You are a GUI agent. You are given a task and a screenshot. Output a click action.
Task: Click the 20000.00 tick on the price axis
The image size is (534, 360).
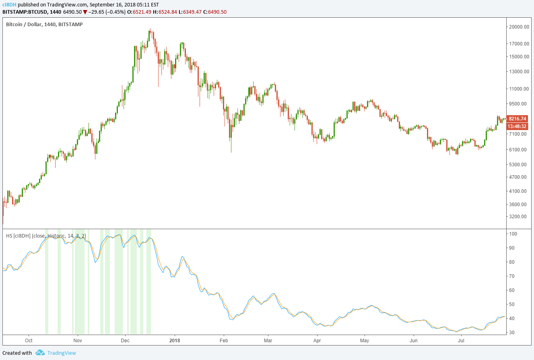pos(518,27)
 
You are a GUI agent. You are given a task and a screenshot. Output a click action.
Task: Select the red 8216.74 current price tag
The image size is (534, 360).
pos(518,119)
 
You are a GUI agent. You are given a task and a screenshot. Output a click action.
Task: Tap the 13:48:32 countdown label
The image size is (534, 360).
pos(518,126)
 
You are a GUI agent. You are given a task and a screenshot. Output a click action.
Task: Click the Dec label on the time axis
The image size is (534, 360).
pos(125,340)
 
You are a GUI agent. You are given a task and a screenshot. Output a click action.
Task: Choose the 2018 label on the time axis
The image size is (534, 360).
pos(175,340)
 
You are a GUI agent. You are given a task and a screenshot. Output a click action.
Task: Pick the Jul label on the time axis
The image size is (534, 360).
pos(461,340)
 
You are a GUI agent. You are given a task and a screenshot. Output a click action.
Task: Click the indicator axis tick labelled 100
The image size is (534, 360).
pos(513,234)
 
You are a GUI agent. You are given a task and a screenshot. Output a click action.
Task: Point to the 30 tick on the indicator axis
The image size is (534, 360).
pos(512,333)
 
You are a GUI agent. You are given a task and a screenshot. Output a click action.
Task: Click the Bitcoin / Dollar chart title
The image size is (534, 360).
pos(44,25)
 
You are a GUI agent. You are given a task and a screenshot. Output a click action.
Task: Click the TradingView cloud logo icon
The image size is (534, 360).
pos(40,353)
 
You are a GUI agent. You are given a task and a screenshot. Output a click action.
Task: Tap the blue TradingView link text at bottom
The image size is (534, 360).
pos(61,353)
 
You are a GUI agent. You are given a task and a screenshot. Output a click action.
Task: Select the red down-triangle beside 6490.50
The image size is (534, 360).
pos(85,12)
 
